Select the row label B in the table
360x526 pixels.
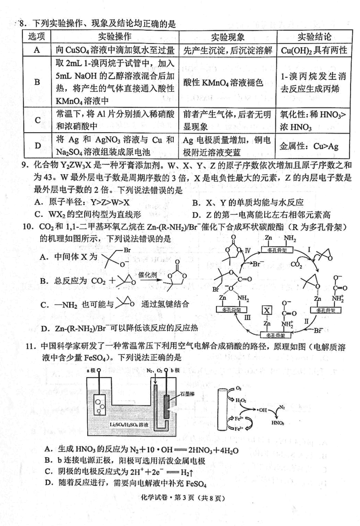tap(37, 82)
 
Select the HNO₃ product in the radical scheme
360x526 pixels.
tap(278, 423)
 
